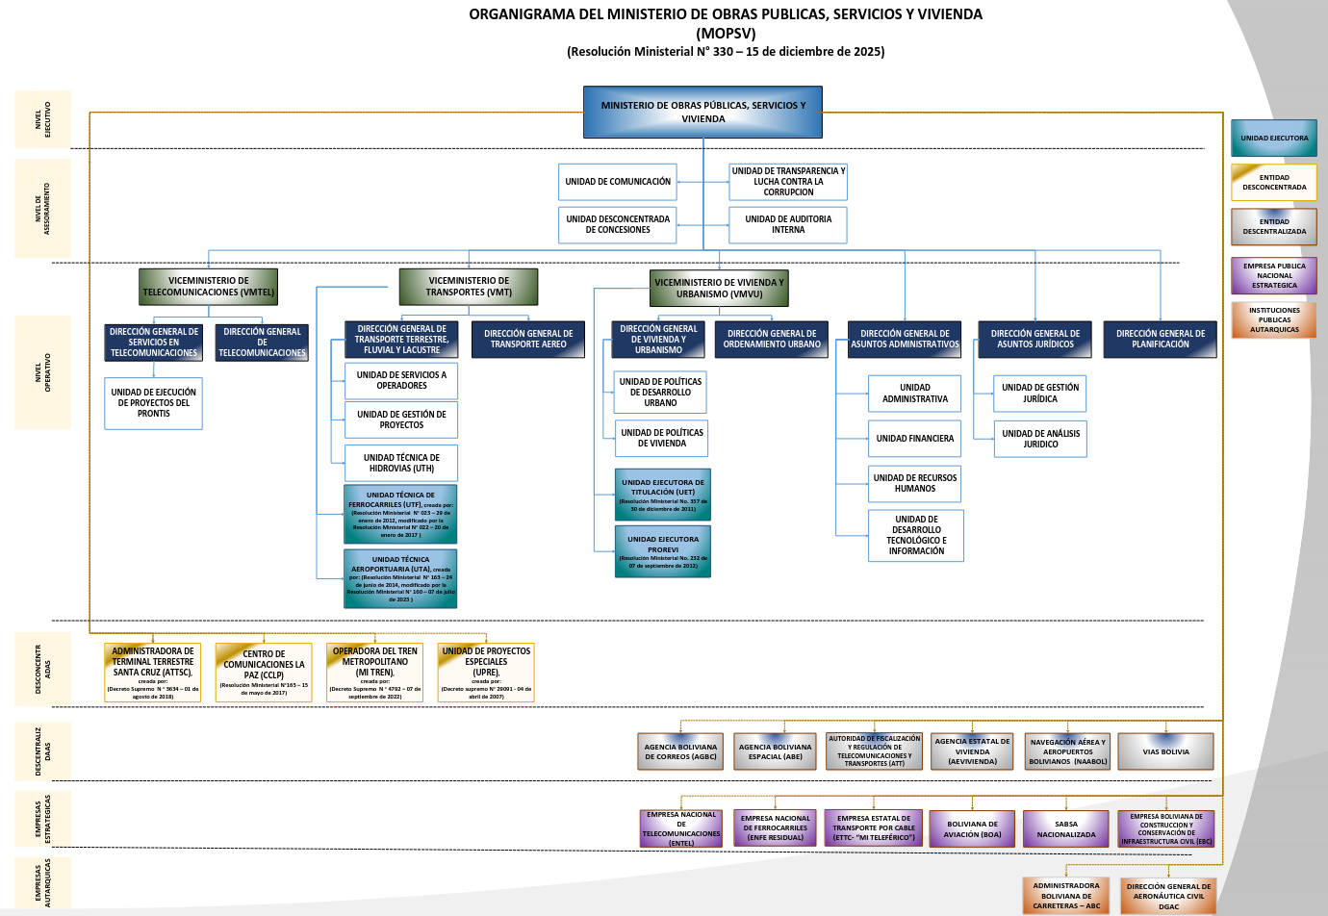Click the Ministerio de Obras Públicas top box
point(702,113)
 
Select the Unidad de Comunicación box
point(618,182)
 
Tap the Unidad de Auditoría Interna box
point(788,224)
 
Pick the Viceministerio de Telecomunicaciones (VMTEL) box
point(209,287)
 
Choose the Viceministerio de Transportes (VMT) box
point(469,287)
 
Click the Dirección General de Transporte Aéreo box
point(528,340)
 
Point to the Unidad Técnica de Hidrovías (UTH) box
point(401,463)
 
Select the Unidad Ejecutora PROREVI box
point(663,550)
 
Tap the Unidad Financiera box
point(914,439)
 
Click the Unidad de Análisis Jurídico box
point(1040,439)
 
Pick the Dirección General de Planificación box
point(1160,340)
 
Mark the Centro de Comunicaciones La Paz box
point(264,672)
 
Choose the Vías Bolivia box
point(1165,751)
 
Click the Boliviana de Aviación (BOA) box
point(972,828)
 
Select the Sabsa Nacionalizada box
point(1066,828)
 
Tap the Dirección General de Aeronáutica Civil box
point(1168,896)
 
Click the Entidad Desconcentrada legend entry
point(1274,183)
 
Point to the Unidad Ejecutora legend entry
point(1274,139)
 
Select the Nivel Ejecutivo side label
point(43,119)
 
